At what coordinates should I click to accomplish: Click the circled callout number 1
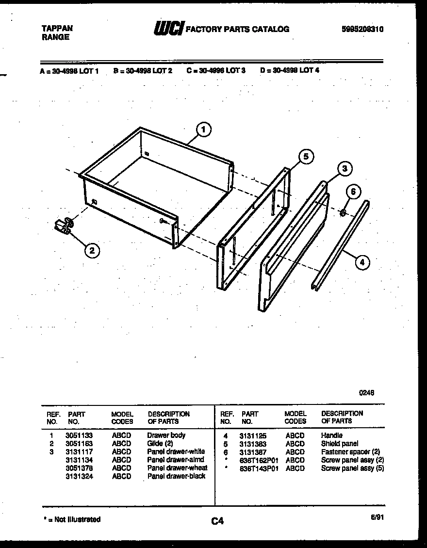pos(204,129)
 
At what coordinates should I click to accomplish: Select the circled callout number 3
pos(344,169)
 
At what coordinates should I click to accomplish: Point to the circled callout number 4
pos(361,262)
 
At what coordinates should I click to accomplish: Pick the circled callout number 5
pos(305,156)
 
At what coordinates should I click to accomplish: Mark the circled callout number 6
pos(353,192)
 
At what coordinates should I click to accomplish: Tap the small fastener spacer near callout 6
pos(343,212)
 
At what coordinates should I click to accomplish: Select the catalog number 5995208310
pos(362,29)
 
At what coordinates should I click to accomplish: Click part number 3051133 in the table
pos(79,435)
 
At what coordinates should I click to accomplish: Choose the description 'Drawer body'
pos(166,435)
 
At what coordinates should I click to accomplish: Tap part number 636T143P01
pos(259,468)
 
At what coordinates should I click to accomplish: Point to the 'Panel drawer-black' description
pos(176,476)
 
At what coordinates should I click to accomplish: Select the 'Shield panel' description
pos(340,444)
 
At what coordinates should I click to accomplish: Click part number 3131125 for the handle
pos(252,436)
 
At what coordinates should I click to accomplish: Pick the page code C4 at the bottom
pos(217,521)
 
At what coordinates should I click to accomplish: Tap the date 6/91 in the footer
pos(377,517)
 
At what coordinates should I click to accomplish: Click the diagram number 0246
pos(366,393)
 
